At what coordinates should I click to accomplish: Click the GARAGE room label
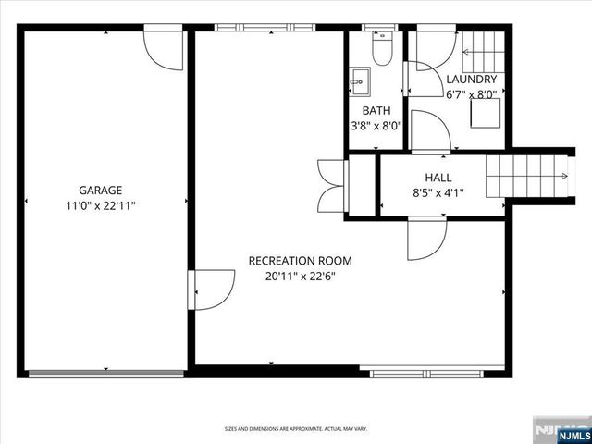(100, 191)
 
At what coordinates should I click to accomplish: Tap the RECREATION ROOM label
(300, 261)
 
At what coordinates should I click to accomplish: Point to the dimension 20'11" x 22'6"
(300, 277)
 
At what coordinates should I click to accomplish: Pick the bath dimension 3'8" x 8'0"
(376, 127)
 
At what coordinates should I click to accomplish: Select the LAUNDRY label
(472, 80)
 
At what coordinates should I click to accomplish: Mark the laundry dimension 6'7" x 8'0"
(472, 94)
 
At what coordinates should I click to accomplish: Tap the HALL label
(438, 177)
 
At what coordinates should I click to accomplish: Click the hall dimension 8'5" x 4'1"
(438, 193)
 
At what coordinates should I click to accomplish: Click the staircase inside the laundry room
(479, 47)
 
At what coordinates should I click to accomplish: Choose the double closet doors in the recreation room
(330, 186)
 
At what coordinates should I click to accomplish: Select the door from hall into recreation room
(425, 238)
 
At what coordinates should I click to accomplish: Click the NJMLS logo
(561, 430)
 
